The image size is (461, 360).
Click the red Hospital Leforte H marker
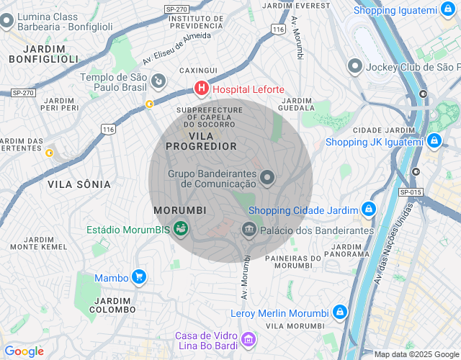coord(202,89)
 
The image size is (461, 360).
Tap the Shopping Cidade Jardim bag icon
coord(368,210)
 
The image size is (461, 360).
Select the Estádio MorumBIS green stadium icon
coord(181,230)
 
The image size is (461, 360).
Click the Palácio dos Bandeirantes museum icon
coord(249,230)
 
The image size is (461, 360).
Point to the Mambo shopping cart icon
coord(139,276)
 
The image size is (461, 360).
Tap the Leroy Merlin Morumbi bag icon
coord(339,312)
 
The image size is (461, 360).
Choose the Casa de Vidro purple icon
coord(249,338)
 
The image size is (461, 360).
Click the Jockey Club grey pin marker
coord(354,66)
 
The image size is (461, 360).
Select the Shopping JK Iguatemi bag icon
coord(434,141)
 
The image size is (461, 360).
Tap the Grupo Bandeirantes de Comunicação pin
coord(267,177)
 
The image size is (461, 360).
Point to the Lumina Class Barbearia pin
coord(6,21)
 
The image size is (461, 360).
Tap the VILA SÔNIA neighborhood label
coord(79,184)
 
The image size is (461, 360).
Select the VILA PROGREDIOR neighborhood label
coord(201,140)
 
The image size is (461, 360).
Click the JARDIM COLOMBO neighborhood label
coord(112,305)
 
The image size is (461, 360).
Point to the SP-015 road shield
coord(410,192)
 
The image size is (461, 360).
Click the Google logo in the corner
coord(24,351)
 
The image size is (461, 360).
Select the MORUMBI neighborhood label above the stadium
coord(180,210)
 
